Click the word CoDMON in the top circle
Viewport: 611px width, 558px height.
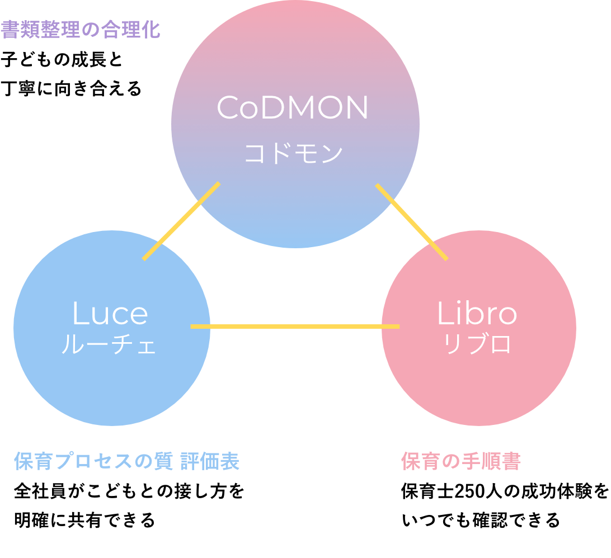coord(292,108)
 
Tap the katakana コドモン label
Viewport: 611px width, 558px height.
coord(293,153)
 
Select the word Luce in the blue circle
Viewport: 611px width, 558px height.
coord(110,314)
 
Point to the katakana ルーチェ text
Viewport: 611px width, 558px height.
coord(109,345)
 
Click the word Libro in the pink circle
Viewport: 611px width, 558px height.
coord(477,314)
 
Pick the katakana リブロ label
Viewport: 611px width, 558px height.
coord(477,344)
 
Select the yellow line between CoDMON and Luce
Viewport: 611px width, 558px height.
coord(181,221)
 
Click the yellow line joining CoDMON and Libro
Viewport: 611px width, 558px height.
coord(411,221)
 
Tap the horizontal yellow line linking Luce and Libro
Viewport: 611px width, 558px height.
coord(295,326)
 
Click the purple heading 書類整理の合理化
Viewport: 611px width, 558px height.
coord(81,30)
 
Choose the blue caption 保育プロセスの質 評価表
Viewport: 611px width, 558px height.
coord(127,462)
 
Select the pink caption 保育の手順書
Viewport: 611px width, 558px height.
coord(461,462)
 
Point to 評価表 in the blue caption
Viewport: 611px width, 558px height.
coord(210,462)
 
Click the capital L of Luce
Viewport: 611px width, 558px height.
coord(79,314)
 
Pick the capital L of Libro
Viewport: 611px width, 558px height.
coord(444,314)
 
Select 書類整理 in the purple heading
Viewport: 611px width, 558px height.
coord(40,30)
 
